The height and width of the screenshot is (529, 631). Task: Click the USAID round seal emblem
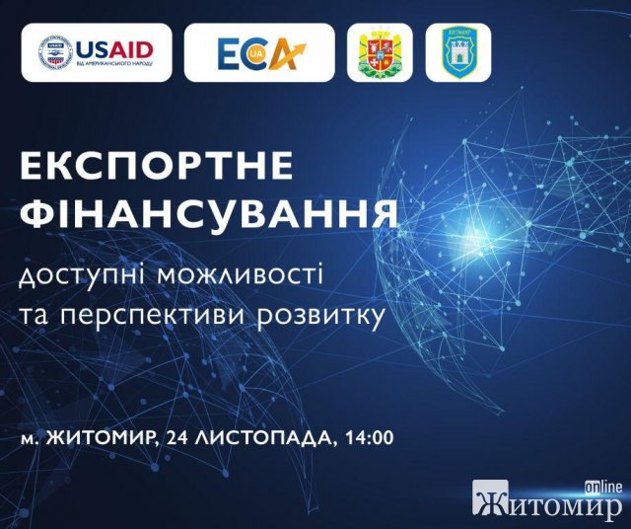click(x=55, y=52)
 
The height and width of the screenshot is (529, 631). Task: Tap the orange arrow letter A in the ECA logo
click(x=286, y=53)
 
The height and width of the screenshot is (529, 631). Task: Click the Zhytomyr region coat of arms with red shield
click(x=380, y=52)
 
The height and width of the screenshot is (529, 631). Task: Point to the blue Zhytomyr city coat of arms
click(x=457, y=52)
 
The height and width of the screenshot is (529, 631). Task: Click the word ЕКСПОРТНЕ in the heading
click(x=157, y=166)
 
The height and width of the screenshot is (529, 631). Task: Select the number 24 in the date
click(x=175, y=438)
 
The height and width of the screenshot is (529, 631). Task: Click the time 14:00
click(x=369, y=438)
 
